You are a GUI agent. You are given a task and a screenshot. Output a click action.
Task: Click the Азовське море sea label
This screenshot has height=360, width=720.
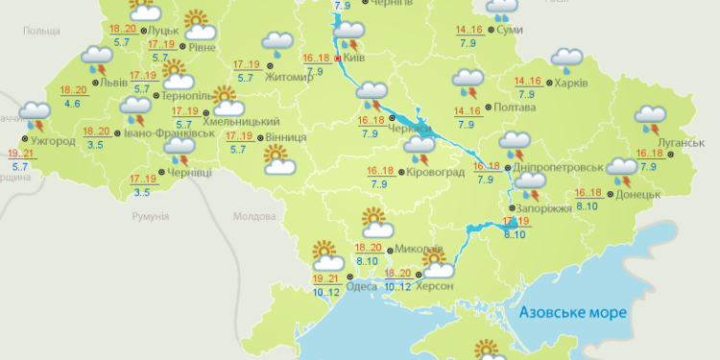pyautogui.click(x=571, y=313)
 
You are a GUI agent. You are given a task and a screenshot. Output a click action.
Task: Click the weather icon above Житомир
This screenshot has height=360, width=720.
pyautogui.click(x=277, y=42)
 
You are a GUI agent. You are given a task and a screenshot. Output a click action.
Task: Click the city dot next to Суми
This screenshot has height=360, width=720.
pyautogui.click(x=493, y=31)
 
